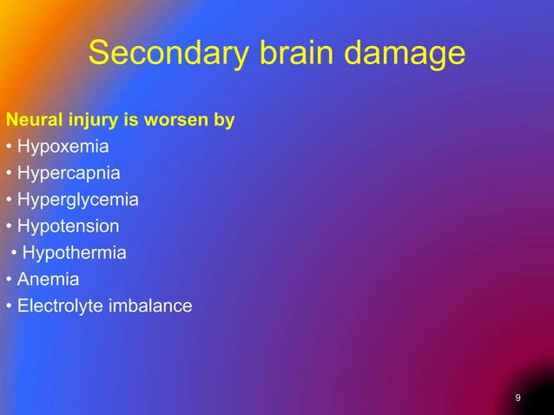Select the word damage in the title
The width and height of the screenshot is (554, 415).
click(x=406, y=55)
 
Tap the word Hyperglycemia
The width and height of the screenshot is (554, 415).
click(x=77, y=200)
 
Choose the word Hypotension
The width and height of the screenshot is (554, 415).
click(x=68, y=227)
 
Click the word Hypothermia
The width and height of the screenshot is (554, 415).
click(x=74, y=254)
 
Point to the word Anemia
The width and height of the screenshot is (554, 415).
click(x=48, y=280)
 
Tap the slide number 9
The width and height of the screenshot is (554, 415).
click(x=518, y=398)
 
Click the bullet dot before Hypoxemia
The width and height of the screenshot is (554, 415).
click(x=9, y=147)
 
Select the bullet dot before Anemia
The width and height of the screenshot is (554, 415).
click(x=9, y=280)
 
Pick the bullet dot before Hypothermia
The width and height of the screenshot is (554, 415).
click(x=14, y=254)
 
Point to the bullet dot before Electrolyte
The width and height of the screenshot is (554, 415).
click(x=9, y=307)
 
